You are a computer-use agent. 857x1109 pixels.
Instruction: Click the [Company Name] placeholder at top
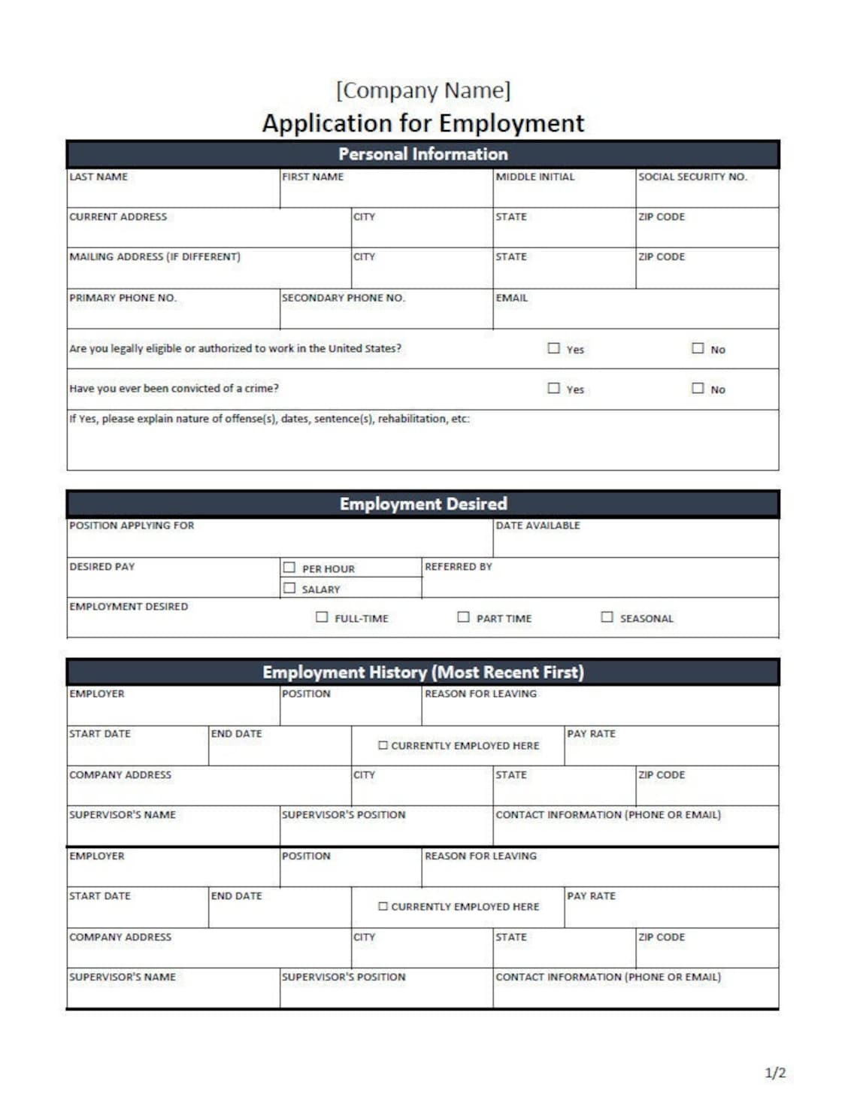(x=422, y=90)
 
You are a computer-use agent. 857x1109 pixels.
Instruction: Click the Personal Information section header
(x=422, y=154)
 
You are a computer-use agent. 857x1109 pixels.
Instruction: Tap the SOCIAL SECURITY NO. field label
(x=692, y=177)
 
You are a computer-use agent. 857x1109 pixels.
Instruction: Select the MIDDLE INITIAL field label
(x=534, y=177)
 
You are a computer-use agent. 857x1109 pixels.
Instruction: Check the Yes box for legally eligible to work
(x=554, y=348)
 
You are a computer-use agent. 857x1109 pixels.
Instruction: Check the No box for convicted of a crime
(x=698, y=388)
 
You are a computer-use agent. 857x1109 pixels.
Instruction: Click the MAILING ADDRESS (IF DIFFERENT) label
(x=155, y=256)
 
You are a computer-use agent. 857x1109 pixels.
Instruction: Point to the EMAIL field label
(x=511, y=298)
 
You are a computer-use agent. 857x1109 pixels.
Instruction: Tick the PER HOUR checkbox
(x=289, y=568)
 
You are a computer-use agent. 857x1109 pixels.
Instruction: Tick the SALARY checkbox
(x=289, y=588)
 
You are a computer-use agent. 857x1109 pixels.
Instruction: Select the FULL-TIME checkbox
(x=322, y=617)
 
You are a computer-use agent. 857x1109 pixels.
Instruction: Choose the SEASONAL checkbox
(x=607, y=617)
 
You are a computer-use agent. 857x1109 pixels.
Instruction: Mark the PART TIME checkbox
(x=463, y=617)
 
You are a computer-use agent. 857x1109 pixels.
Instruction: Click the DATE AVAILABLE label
(x=538, y=526)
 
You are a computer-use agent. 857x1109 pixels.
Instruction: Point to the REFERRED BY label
(x=458, y=566)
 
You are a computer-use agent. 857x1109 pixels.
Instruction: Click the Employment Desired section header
(x=422, y=504)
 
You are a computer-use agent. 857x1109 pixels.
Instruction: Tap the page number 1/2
(x=774, y=1073)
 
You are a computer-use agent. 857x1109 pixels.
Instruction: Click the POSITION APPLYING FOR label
(x=132, y=526)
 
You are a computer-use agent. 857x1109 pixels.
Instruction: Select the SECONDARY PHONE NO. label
(x=343, y=298)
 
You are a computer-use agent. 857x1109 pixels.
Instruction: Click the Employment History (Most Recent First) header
(x=422, y=672)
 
